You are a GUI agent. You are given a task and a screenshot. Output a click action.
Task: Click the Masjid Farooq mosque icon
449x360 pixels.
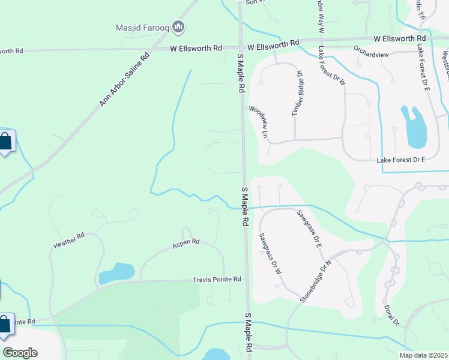pyautogui.click(x=178, y=26)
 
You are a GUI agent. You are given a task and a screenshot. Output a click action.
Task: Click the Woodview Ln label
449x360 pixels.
pyautogui.click(x=258, y=122)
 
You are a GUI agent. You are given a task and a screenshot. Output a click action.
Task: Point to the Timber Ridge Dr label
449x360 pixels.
pyautogui.click(x=297, y=93)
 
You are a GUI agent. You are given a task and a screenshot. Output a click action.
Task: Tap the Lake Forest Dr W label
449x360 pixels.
pyautogui.click(x=331, y=66)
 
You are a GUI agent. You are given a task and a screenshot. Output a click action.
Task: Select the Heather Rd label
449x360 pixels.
pyautogui.click(x=69, y=241)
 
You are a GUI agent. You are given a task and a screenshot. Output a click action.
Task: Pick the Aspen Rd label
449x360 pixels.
pyautogui.click(x=185, y=243)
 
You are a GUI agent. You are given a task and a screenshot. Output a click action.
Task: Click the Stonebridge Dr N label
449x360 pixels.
pyautogui.click(x=317, y=281)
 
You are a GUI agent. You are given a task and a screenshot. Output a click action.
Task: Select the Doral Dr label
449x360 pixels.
pyautogui.click(x=391, y=316)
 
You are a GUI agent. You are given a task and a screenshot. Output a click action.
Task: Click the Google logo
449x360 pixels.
pyautogui.click(x=20, y=353)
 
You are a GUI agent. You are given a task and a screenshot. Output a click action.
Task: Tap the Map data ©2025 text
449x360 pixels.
pyautogui.click(x=423, y=355)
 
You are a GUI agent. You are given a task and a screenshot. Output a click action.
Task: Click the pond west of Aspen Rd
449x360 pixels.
pyautogui.click(x=116, y=273)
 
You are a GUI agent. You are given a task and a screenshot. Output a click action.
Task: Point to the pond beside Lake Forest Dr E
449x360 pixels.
pyautogui.click(x=414, y=128)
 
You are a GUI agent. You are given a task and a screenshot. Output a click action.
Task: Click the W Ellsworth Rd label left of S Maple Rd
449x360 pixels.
pyautogui.click(x=196, y=47)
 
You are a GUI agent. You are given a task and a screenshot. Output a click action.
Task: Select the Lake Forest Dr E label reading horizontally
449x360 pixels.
pyautogui.click(x=400, y=160)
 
